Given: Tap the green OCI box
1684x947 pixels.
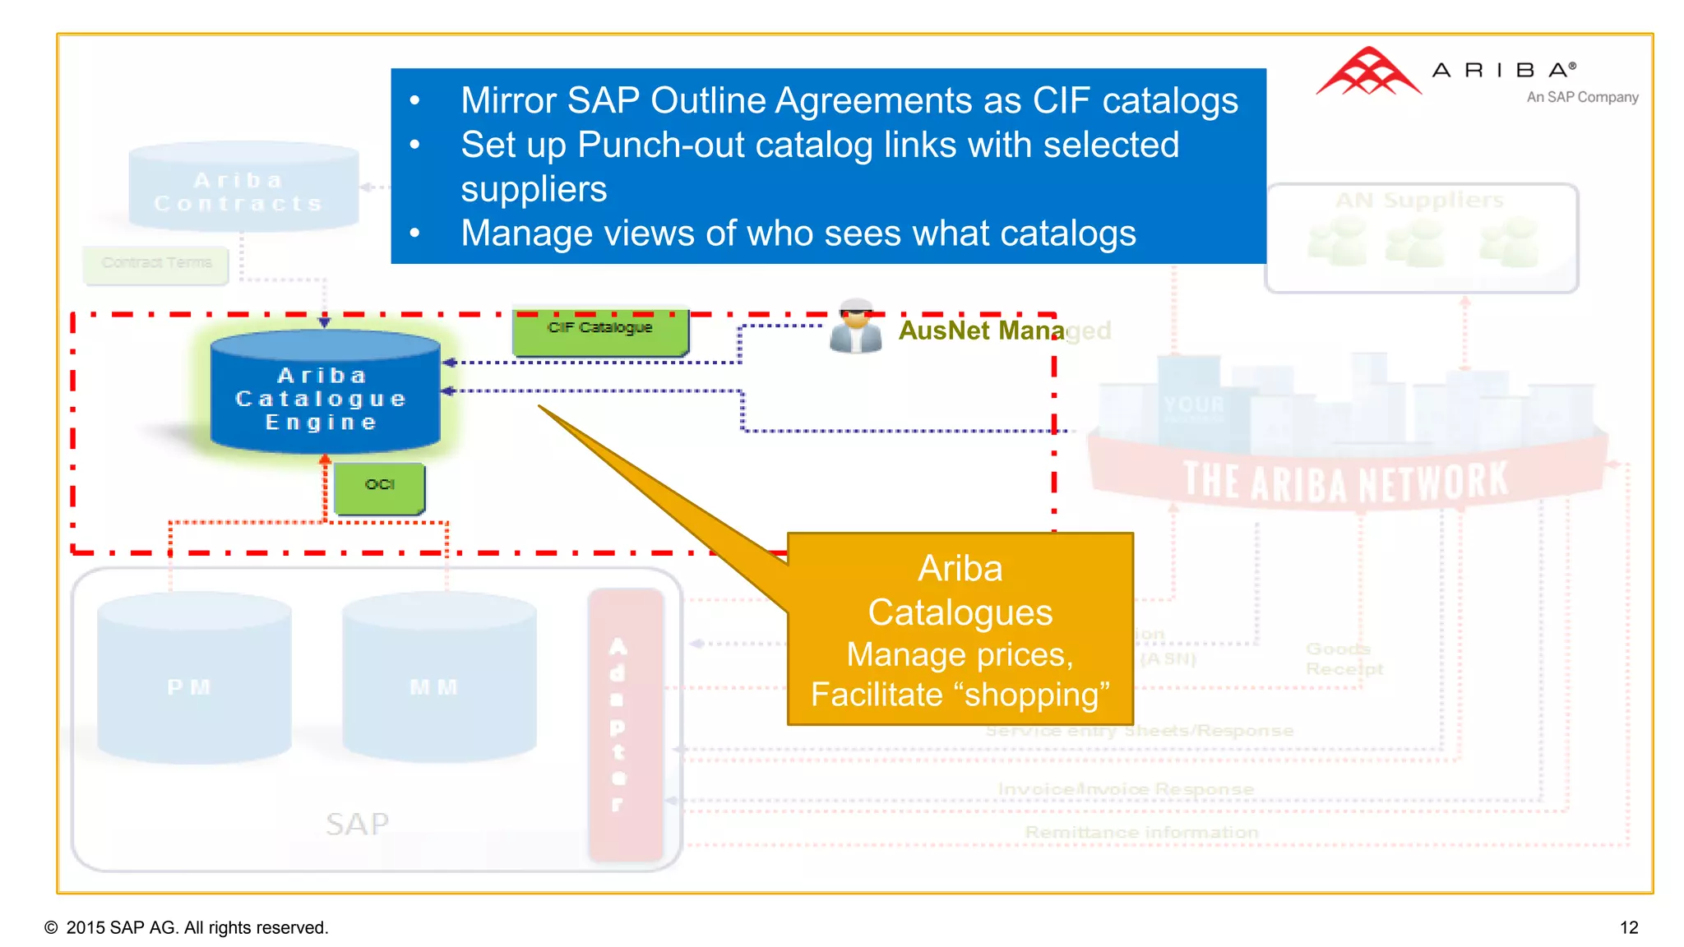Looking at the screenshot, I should coord(380,487).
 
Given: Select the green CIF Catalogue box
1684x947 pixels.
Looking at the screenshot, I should coord(599,332).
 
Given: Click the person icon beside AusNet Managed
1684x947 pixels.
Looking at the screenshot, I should coord(855,328).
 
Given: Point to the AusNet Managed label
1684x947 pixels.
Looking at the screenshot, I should coord(1003,330).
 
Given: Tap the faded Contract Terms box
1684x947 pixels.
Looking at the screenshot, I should coord(156,264).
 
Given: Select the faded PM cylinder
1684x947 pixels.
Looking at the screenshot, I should coord(192,679).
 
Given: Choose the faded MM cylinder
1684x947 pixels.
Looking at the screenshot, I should coord(437,679).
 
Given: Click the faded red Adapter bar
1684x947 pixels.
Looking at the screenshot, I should coord(625,723).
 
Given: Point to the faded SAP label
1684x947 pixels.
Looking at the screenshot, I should coord(357,824).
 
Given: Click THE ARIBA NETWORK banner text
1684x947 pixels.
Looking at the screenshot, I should coord(1345,481).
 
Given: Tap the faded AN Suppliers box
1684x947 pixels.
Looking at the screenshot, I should coord(1421,238).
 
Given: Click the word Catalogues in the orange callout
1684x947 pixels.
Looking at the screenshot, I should coord(960,612).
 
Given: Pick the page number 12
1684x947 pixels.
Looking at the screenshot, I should coord(1628,927).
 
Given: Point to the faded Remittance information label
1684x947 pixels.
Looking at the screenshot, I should coord(1141,833).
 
